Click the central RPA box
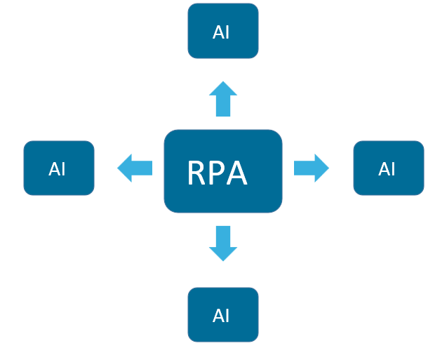coord(223,171)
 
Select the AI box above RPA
coord(223,31)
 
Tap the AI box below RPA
coord(223,314)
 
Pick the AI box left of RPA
coord(59,168)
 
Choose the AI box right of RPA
coord(389,168)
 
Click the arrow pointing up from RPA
coord(223,99)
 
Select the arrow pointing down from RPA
coord(223,243)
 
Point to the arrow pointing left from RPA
coord(135,168)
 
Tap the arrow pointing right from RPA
coord(311,168)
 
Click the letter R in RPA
coord(197,173)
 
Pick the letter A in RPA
coord(237,173)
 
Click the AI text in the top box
coord(221,32)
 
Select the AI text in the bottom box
coord(221,316)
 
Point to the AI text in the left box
coord(57,169)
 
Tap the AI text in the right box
coord(387,169)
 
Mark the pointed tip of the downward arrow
coord(223,260)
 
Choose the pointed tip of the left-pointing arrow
coord(118,168)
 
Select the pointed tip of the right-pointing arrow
coord(328,168)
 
